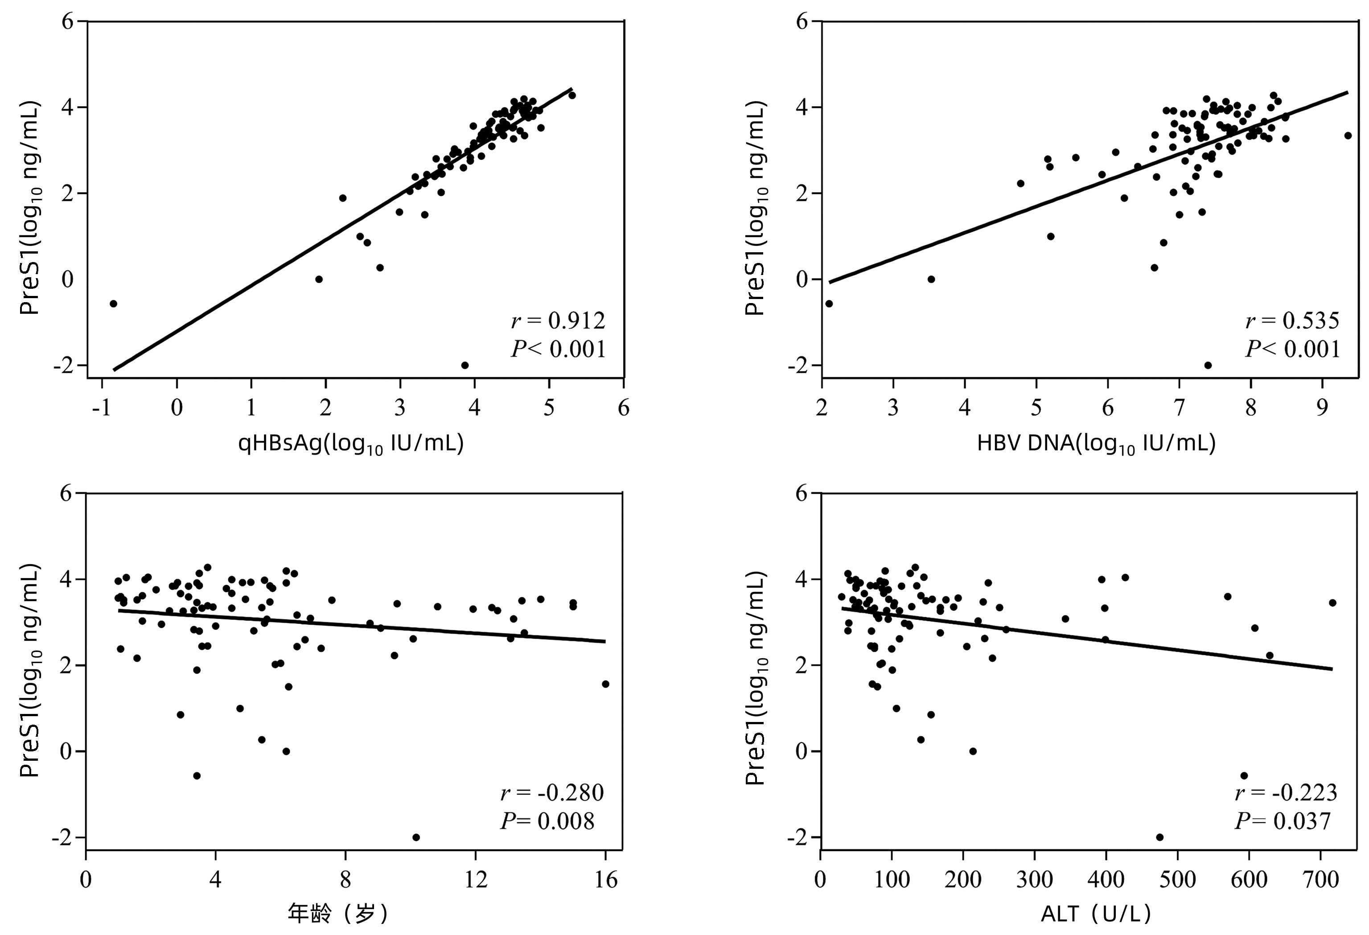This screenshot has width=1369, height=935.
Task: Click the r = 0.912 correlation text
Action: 558,321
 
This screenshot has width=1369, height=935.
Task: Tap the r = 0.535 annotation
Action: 1292,321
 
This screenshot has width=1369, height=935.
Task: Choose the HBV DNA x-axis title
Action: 1096,443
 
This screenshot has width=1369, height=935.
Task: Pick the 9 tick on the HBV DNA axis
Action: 1323,407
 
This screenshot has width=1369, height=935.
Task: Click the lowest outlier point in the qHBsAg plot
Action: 464,365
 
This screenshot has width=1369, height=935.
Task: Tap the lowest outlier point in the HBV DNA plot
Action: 1208,365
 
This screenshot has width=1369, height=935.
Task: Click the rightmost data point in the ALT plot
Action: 1332,603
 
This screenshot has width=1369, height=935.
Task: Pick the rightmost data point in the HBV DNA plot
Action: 1348,135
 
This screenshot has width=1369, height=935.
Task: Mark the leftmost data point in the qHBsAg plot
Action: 113,303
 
